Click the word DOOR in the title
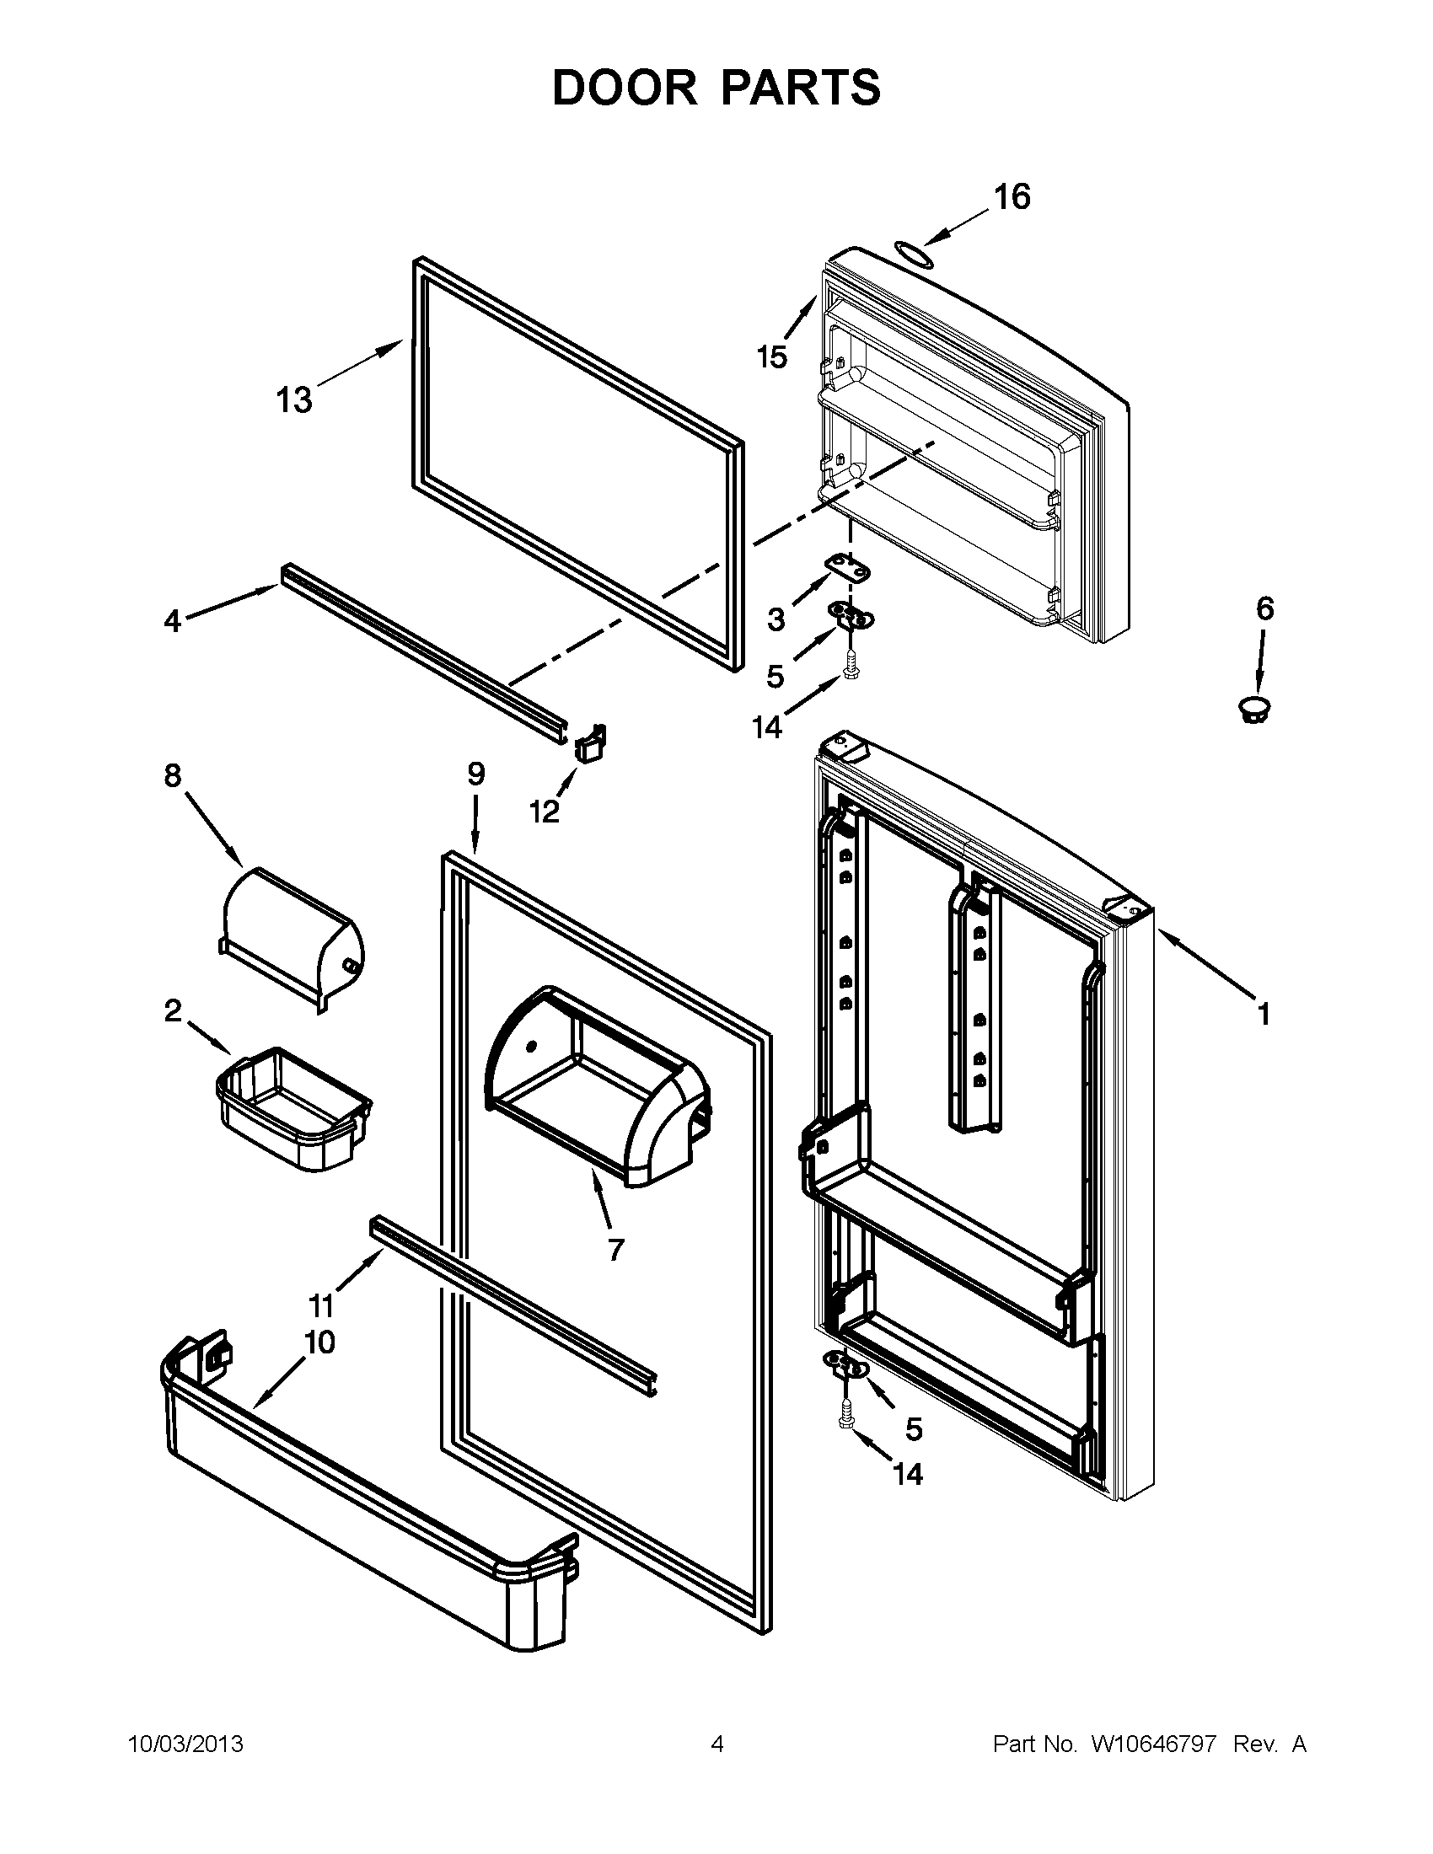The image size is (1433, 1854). click(624, 88)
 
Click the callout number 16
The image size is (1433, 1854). click(1012, 197)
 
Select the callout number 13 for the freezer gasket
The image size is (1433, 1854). click(293, 399)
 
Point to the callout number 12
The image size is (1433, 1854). click(545, 812)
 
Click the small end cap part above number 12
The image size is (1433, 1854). click(588, 741)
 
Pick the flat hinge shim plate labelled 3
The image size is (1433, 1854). click(849, 568)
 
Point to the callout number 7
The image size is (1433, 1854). click(615, 1249)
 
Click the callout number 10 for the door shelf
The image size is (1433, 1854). click(320, 1342)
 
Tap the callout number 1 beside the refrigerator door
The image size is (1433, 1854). click(1264, 1014)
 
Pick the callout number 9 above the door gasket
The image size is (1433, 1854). click(475, 774)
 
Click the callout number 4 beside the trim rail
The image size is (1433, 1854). click(172, 621)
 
